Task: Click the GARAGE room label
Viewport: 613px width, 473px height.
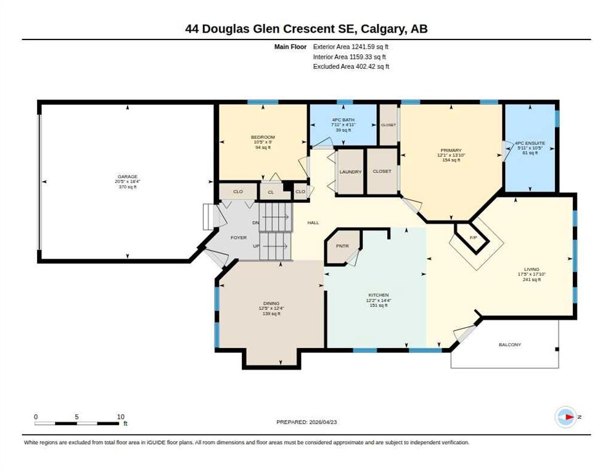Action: click(x=128, y=177)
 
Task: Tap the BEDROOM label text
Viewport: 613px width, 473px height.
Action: click(x=263, y=137)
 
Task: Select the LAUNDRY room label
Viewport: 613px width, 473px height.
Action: click(x=350, y=172)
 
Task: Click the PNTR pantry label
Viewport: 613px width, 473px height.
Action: click(x=342, y=246)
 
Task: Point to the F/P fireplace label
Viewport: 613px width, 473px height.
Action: click(x=473, y=238)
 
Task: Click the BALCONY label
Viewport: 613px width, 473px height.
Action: click(x=510, y=344)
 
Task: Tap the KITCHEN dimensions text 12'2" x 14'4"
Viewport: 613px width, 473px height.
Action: click(x=379, y=301)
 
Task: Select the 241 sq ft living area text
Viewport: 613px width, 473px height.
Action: click(x=532, y=279)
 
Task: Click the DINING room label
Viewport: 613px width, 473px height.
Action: click(x=271, y=303)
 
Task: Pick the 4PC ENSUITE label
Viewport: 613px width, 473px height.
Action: click(x=530, y=143)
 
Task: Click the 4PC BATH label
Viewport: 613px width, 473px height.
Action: click(x=344, y=119)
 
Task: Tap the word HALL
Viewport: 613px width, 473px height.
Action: click(x=313, y=222)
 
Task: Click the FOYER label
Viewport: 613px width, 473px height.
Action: click(x=239, y=238)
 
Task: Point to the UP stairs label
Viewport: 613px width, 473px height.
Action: click(x=256, y=246)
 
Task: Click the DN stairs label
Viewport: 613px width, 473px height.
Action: click(x=256, y=222)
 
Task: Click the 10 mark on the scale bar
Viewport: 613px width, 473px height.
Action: click(x=120, y=417)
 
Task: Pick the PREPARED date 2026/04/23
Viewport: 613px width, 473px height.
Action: click(x=323, y=422)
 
